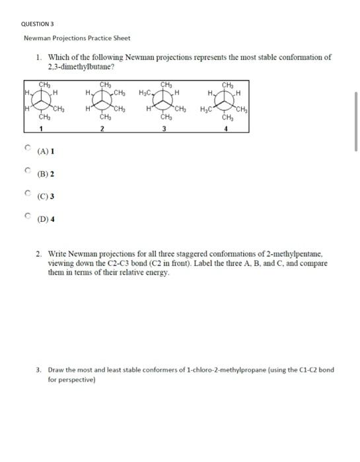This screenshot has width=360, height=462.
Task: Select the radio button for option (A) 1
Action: point(28,148)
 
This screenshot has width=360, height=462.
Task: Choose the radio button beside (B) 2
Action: point(28,171)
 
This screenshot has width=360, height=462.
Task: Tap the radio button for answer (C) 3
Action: point(28,193)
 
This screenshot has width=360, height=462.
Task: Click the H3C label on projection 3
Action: point(146,92)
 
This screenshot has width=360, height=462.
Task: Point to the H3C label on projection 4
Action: point(205,109)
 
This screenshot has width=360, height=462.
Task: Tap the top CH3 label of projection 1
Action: point(44,84)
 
